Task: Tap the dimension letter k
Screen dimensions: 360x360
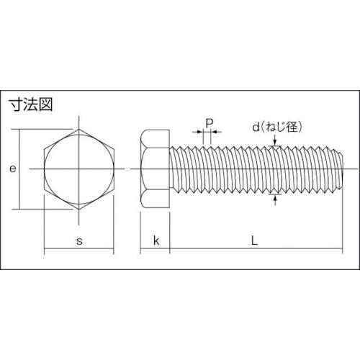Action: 156,240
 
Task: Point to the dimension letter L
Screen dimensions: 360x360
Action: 254,240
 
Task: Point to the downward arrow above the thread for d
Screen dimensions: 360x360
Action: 275,146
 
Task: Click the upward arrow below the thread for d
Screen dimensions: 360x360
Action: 275,197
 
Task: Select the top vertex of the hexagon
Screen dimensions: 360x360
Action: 78,130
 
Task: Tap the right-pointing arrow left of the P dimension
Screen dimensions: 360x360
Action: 199,132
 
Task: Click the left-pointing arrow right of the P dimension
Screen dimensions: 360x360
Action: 217,132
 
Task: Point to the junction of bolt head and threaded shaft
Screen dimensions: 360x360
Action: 170,169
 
